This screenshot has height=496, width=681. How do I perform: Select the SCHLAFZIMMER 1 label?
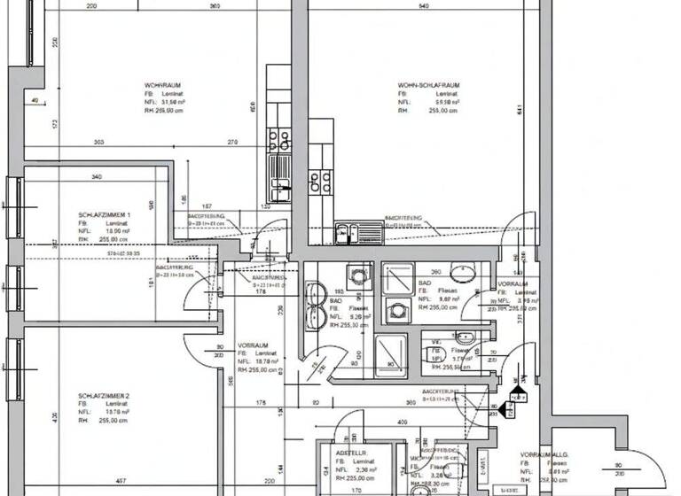point(105,215)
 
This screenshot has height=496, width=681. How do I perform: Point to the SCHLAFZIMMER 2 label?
point(104,395)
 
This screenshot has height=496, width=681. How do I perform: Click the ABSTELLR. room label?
point(351,452)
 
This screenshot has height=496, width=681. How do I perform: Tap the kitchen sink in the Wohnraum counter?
point(280,187)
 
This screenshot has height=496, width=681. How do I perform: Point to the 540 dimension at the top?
point(423,6)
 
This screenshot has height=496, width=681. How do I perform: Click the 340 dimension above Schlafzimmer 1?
point(96,176)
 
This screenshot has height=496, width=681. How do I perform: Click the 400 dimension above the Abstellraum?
point(403,424)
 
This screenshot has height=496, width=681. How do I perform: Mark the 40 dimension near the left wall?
point(34,101)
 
